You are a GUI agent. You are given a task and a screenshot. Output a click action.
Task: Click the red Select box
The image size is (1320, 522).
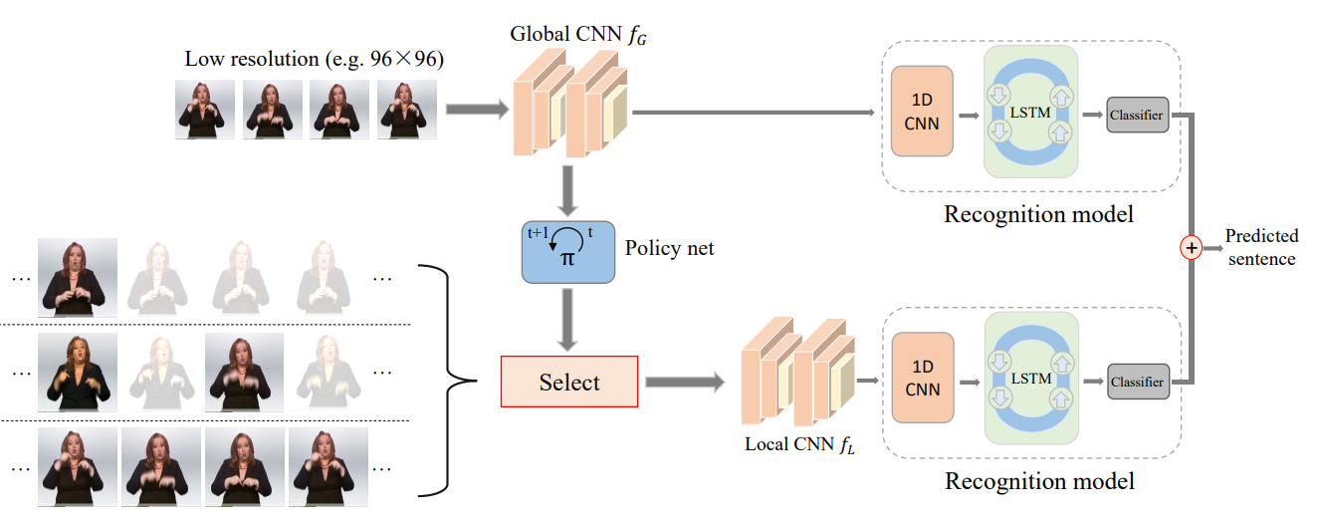[568, 383]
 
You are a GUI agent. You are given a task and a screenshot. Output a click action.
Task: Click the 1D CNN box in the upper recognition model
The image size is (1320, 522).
[922, 111]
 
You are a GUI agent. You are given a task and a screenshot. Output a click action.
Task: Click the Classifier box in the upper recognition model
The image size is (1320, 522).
[1137, 115]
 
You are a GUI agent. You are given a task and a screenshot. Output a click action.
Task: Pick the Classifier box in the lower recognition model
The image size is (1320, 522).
[1137, 383]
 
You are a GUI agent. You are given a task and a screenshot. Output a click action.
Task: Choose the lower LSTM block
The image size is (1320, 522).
[1030, 379]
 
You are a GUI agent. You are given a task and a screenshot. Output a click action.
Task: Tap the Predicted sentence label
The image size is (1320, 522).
[1261, 247]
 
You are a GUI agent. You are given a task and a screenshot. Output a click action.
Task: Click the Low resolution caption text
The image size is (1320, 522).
[314, 59]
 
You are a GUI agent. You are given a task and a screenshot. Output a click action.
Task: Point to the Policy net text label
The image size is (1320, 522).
[669, 248]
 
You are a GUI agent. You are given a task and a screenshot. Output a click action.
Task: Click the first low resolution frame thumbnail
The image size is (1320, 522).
[205, 109]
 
